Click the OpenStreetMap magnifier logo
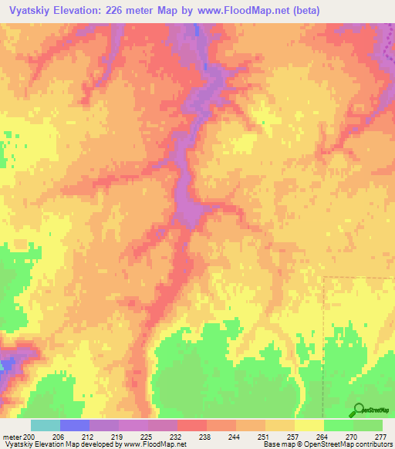(x=357, y=410)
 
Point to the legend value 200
(x=29, y=437)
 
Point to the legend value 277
(x=381, y=437)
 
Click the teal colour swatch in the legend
(x=45, y=425)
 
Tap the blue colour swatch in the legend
(x=74, y=425)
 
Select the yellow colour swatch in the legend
(x=309, y=425)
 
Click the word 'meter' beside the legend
(x=12, y=437)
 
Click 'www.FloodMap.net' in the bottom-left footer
(x=154, y=445)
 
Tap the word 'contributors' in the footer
(x=373, y=445)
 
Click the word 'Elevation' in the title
(x=84, y=11)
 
